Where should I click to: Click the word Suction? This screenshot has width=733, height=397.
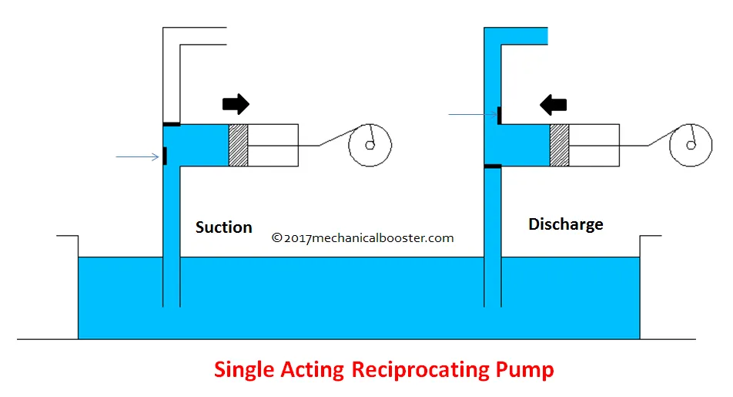(223, 227)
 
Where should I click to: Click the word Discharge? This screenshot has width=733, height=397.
(565, 224)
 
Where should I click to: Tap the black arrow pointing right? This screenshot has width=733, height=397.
(236, 104)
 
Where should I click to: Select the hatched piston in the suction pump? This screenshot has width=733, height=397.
(239, 144)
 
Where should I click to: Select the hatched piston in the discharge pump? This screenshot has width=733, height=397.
(559, 144)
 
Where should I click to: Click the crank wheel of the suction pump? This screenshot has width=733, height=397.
(370, 144)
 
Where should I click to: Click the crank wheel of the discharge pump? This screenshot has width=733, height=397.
(691, 144)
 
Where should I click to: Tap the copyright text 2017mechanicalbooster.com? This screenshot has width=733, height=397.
(363, 238)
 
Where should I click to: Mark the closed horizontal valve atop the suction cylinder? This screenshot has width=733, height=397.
(171, 123)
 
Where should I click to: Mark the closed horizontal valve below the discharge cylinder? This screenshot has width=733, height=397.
(491, 166)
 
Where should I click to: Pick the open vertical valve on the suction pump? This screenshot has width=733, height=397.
(165, 156)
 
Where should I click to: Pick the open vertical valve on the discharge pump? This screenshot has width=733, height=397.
(499, 115)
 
